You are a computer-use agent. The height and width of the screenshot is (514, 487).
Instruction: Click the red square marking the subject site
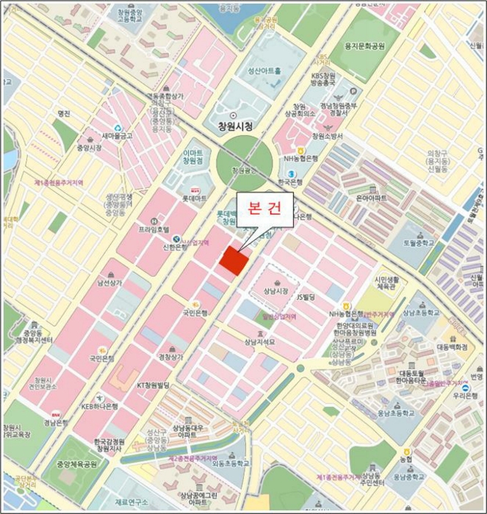(x=234, y=261)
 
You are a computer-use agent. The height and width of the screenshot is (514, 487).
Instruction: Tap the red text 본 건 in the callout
(x=264, y=208)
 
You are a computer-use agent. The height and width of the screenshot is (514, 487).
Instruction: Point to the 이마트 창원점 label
(x=192, y=156)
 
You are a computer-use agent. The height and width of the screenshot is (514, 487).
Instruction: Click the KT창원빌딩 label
(x=154, y=384)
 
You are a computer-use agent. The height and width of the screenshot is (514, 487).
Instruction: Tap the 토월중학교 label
(x=419, y=243)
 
